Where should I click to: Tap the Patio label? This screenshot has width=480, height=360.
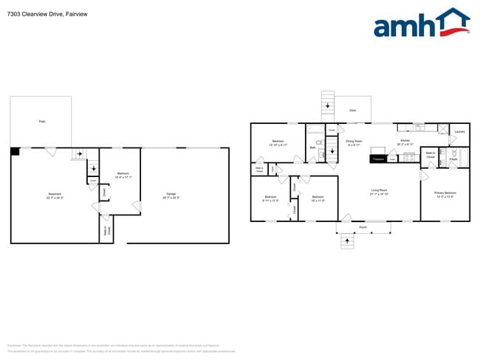point(42,121)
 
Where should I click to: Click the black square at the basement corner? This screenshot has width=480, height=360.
point(15,151)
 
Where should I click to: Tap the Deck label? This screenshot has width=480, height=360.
point(352,111)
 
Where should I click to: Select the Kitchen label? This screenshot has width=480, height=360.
point(405,141)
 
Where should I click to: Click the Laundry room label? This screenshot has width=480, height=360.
point(459,132)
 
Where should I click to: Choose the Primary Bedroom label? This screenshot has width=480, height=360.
point(444,194)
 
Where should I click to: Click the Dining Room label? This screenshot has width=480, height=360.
point(354,142)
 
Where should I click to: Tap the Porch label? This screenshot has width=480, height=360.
point(363,226)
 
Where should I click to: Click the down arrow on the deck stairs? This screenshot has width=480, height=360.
point(328,107)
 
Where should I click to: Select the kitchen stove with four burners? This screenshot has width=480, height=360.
point(406,157)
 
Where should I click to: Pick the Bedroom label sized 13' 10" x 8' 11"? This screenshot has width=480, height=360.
point(278,142)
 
